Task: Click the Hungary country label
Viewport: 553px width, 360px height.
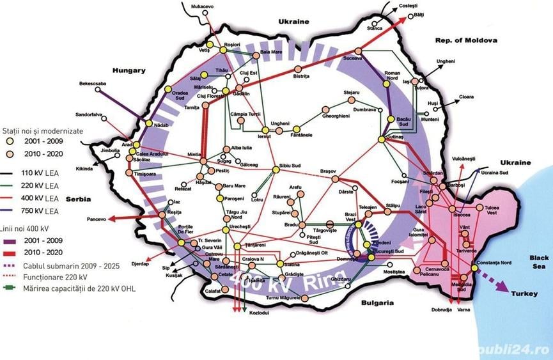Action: (x=129, y=70)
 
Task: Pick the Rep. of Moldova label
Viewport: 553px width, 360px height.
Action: (x=466, y=40)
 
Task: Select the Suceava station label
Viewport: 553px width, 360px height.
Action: (x=353, y=58)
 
